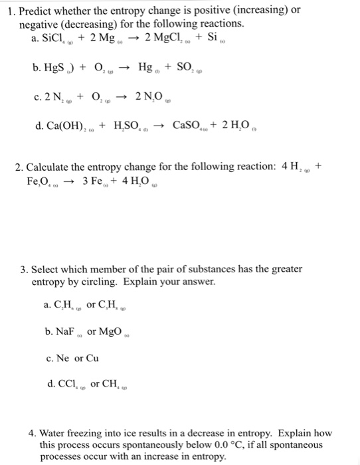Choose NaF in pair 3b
tap(57, 330)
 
